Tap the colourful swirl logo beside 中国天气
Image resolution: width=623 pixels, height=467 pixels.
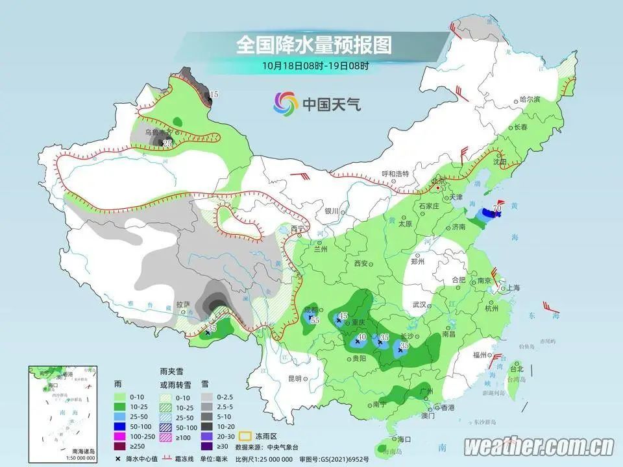point(285,102)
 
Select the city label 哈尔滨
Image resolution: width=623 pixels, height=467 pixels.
point(530,99)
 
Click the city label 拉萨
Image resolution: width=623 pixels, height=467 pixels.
point(184,304)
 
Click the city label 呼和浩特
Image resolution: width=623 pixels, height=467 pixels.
point(396,174)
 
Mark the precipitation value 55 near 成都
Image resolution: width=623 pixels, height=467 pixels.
point(315,320)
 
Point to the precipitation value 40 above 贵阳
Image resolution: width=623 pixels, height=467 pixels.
point(362,337)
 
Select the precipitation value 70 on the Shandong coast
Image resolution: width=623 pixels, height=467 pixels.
point(497,208)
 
